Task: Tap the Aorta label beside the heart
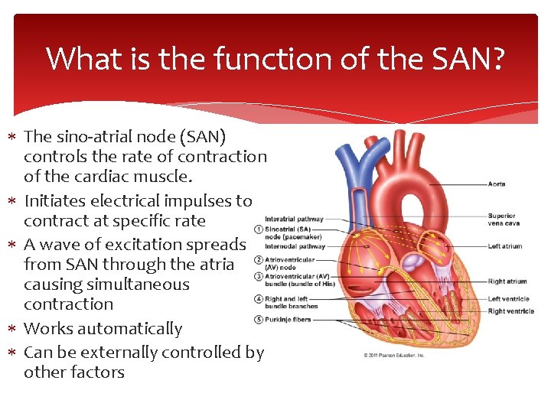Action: (x=497, y=184)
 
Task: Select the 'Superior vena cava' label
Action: (x=503, y=220)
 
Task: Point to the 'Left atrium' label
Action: (x=504, y=246)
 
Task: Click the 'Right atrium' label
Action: (x=507, y=281)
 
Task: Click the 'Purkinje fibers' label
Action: (x=288, y=319)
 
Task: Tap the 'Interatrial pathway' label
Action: (x=294, y=220)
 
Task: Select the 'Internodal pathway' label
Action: (x=295, y=246)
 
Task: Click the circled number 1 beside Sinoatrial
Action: (x=259, y=229)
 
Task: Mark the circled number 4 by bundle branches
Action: (x=259, y=302)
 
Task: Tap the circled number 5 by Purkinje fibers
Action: (x=259, y=319)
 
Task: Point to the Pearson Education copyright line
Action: (x=394, y=355)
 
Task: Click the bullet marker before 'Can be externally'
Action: (x=15, y=353)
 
